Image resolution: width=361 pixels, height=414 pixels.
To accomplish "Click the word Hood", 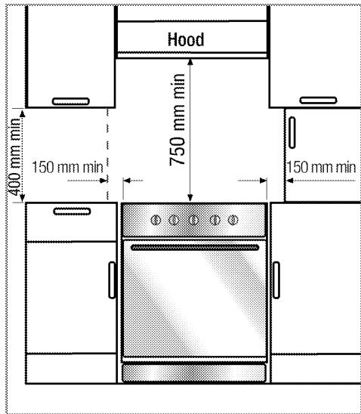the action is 186,39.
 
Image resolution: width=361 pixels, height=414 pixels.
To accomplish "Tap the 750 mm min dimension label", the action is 177,120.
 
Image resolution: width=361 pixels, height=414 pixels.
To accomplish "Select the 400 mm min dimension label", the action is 14,157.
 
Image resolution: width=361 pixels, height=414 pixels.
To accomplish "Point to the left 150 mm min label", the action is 67,168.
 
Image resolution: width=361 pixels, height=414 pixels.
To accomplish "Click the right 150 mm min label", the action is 321,168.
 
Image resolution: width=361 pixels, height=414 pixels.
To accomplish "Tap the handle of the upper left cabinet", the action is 71,101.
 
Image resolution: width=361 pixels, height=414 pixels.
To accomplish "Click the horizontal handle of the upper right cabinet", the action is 318,100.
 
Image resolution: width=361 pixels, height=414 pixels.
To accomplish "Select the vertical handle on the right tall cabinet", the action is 292,132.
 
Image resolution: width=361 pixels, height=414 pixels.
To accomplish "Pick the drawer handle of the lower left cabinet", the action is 72,212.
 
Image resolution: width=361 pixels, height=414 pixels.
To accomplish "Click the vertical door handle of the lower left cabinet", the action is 113,280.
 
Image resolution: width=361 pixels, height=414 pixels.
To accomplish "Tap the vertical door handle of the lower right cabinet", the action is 276,280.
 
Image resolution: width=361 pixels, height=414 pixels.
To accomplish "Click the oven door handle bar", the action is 195,247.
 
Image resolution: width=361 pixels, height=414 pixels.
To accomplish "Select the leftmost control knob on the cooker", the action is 156,220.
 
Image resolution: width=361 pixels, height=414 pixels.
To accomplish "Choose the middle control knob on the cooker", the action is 193,220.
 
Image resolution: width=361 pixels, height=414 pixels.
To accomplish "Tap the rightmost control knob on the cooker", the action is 233,220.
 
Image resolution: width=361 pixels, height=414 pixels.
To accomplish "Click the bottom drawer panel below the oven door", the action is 194,372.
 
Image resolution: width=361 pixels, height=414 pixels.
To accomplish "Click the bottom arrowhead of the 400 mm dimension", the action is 23,198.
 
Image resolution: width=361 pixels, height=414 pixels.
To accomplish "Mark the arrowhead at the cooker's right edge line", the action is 263,181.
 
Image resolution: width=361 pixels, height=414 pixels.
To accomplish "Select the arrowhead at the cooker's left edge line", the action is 127,181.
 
